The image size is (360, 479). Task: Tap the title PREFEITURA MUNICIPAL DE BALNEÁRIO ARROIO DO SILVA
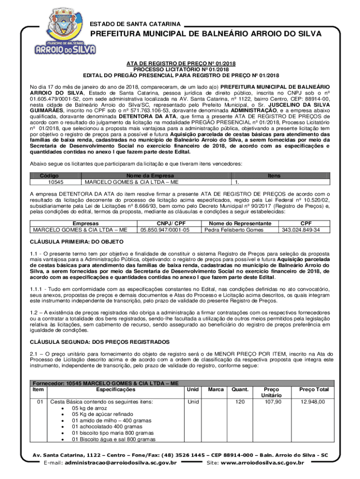pyautogui.click(x=206, y=34)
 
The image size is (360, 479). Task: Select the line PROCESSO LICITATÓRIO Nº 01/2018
pyautogui.click(x=180, y=69)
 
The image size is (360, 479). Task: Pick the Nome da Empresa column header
pyautogui.click(x=156, y=175)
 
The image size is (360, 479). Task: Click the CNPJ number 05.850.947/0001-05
pyautogui.click(x=165, y=230)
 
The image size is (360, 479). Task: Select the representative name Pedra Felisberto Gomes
pyautogui.click(x=234, y=230)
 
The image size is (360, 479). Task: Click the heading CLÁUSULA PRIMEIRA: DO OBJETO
pyautogui.click(x=77, y=241)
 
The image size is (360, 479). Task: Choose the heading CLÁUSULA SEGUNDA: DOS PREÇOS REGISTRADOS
pyautogui.click(x=100, y=341)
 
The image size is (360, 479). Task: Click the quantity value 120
pyautogui.click(x=240, y=401)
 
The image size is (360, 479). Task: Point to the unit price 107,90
pyautogui.click(x=273, y=401)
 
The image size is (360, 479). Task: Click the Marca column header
pyautogui.click(x=216, y=389)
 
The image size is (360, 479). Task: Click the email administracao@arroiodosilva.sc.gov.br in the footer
pyautogui.click(x=121, y=463)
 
